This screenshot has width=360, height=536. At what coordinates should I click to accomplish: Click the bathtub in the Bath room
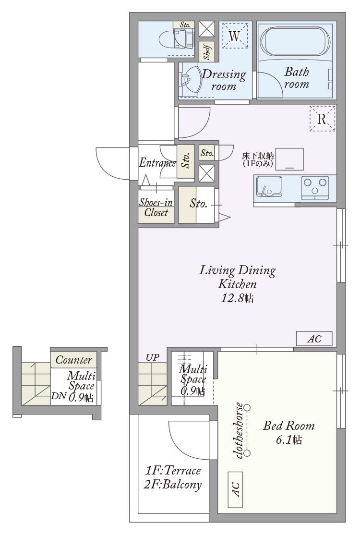(x=295, y=41)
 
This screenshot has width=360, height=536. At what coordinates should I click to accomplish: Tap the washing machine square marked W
(x=234, y=36)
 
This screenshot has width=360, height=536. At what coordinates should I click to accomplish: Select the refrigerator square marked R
(x=323, y=118)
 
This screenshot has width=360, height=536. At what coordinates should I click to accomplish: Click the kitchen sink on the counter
(x=269, y=187)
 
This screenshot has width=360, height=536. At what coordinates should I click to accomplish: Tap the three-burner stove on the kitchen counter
(x=315, y=188)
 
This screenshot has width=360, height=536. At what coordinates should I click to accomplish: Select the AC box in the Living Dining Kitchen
(x=314, y=339)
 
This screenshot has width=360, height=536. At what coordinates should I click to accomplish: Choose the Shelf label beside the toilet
(x=207, y=51)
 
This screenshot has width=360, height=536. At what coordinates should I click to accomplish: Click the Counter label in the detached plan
(x=73, y=360)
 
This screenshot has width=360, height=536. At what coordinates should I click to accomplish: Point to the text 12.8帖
(x=237, y=298)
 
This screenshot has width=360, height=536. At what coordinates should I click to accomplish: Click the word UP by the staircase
(x=152, y=357)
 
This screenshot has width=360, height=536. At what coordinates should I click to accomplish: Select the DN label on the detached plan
(x=58, y=396)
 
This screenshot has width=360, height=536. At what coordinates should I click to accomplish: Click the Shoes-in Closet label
(x=156, y=207)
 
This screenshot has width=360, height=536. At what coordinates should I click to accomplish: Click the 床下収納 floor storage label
(x=258, y=156)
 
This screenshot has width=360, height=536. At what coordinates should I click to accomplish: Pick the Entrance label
(x=157, y=162)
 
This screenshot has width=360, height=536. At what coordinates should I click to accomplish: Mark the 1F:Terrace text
(x=173, y=471)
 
